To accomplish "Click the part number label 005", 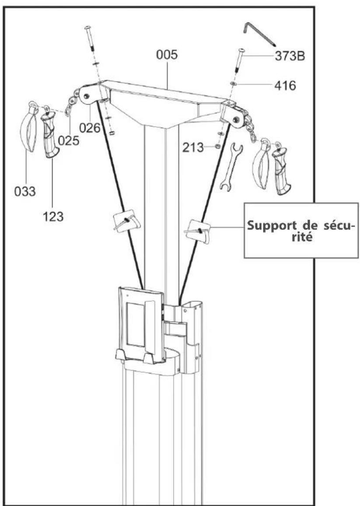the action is click(x=167, y=55).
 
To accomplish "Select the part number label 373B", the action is click(x=290, y=56).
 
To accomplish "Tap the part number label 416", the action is click(x=285, y=85).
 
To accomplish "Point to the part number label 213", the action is click(x=193, y=148).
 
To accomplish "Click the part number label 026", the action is click(x=90, y=128).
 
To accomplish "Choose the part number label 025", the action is click(x=68, y=141).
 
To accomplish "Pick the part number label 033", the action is click(x=25, y=191).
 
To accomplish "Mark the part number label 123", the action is click(x=53, y=216).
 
